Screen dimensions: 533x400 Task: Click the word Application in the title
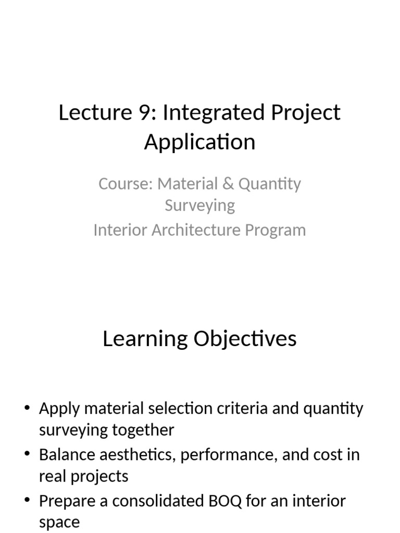(200, 142)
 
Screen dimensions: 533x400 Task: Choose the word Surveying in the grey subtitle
(200, 205)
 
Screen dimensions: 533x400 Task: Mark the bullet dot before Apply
(27, 408)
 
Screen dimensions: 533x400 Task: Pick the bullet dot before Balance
(27, 454)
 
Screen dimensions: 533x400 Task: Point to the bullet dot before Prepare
(27, 500)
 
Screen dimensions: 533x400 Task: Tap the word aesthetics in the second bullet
(130, 454)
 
